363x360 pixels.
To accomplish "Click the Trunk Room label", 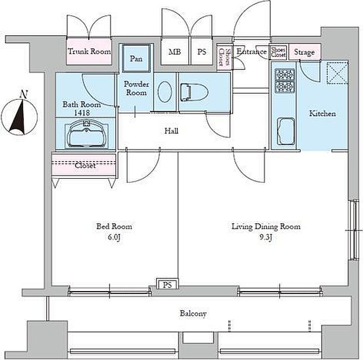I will (89, 52).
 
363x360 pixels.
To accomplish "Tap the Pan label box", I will (136, 59).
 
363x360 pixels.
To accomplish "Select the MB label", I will (175, 52).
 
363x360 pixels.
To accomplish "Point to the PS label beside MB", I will (202, 52).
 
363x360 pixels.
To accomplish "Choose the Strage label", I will (304, 52).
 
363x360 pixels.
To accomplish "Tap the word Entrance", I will (252, 52).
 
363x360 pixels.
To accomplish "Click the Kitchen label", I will (322, 113).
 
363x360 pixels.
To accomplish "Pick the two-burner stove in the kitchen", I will (284, 80).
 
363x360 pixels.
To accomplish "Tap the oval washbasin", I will (165, 94).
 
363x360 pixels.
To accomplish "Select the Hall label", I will (172, 131).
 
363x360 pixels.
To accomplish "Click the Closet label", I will (85, 166).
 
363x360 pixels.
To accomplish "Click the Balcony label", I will (193, 313).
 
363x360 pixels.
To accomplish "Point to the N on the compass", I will (23, 94).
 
